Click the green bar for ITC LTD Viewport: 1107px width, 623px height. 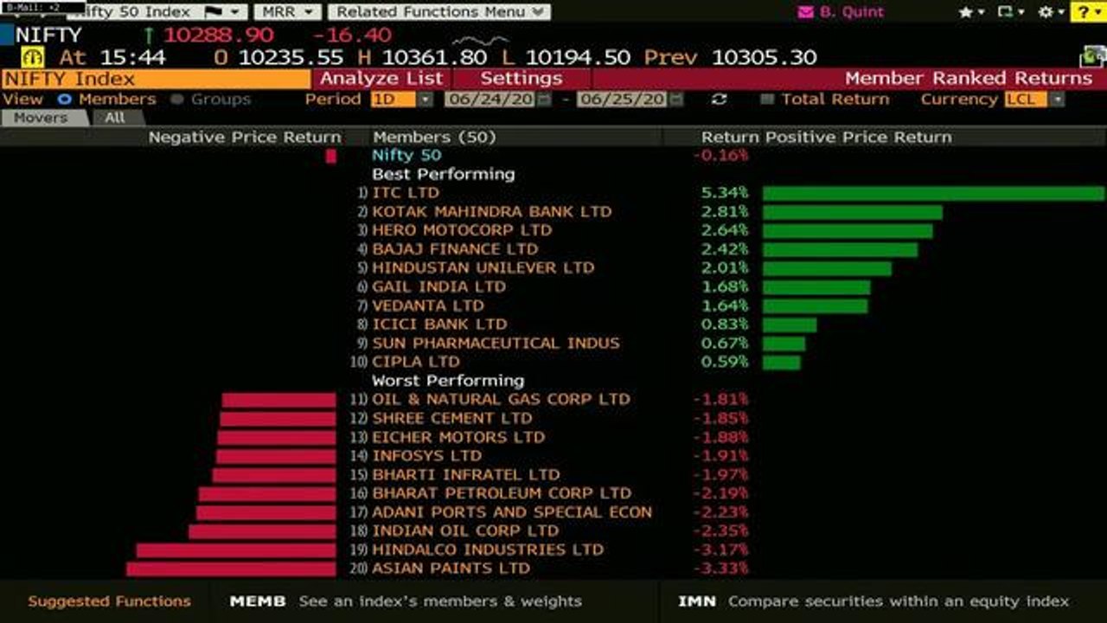[x=933, y=193]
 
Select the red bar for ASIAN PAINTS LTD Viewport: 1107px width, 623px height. [x=231, y=569]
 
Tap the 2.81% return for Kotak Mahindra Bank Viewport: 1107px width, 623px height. [x=725, y=212]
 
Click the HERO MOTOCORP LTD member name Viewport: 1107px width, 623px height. [x=462, y=230]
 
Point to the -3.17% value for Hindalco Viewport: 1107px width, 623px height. [x=721, y=549]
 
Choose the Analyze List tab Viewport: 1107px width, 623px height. [x=381, y=79]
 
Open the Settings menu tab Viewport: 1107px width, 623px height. [x=522, y=79]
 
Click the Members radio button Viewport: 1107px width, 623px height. [x=64, y=100]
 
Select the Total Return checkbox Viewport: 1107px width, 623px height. [x=766, y=100]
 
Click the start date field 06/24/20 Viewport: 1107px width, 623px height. [x=490, y=100]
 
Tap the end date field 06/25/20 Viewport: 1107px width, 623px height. [x=622, y=100]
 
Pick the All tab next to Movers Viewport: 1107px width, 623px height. [x=115, y=119]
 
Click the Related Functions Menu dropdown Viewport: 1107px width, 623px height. [x=439, y=12]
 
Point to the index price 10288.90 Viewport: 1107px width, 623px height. [x=219, y=35]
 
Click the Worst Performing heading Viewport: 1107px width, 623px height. [x=448, y=381]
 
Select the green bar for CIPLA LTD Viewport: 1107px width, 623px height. [x=781, y=363]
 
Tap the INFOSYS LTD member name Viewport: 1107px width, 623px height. [x=426, y=456]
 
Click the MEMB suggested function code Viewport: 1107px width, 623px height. [x=258, y=601]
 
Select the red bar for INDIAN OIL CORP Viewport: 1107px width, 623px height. [x=262, y=531]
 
